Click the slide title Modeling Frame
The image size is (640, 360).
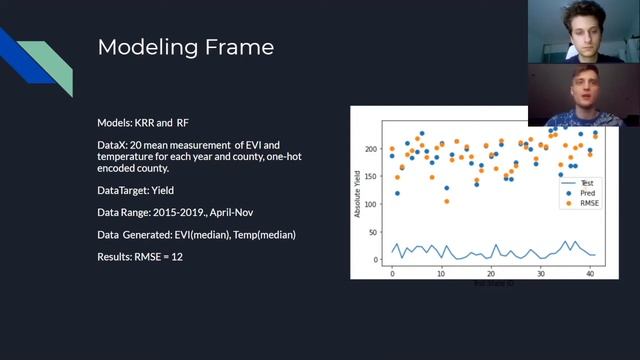click(x=185, y=47)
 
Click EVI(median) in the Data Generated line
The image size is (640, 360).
click(x=202, y=234)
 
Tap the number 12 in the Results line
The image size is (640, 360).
click(x=175, y=256)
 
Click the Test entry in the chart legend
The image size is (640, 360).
click(x=587, y=183)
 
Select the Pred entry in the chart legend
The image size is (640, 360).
click(x=587, y=192)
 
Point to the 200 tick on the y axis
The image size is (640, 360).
click(x=371, y=149)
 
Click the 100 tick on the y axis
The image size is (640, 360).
click(x=371, y=205)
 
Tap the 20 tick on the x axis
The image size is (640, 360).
click(x=491, y=273)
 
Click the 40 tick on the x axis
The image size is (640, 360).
click(x=590, y=273)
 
